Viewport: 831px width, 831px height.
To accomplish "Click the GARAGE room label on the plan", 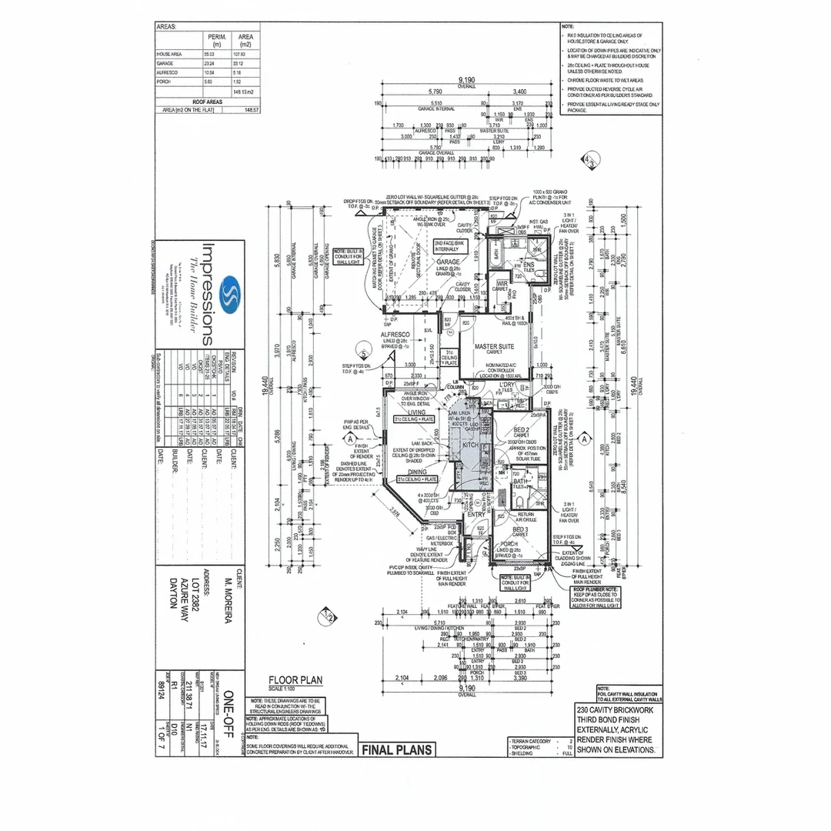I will [448, 262].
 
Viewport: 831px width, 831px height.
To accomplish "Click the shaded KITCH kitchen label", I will [469, 446].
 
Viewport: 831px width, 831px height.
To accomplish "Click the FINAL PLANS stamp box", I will [396, 749].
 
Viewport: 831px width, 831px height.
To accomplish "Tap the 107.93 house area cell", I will [246, 55].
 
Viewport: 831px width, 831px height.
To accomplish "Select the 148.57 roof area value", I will [252, 110].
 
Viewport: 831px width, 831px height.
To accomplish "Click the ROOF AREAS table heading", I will [208, 101].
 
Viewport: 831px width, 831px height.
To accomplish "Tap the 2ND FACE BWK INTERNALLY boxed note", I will [449, 246].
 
